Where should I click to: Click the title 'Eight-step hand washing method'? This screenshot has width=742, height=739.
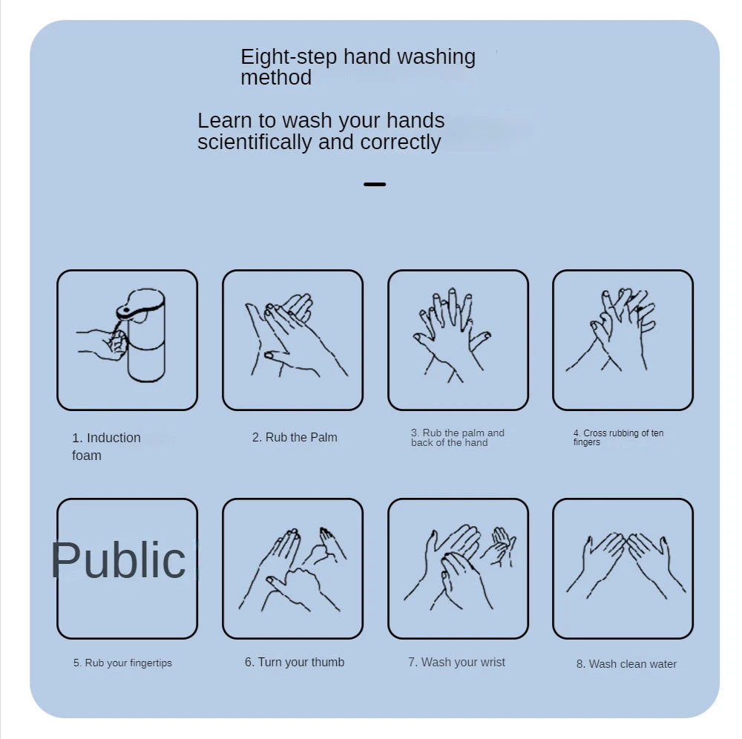358,67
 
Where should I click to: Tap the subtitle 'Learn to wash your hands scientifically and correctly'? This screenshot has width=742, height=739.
321,131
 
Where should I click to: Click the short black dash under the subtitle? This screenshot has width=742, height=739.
375,184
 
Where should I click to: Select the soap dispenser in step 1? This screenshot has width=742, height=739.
142,335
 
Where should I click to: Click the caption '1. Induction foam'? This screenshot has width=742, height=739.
106,446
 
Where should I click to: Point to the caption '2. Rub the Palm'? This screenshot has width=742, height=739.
295,437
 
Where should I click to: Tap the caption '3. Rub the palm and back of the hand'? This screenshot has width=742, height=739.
458,438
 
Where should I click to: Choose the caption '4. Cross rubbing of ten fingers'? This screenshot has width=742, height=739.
618,437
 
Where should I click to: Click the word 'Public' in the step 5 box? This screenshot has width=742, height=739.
118,560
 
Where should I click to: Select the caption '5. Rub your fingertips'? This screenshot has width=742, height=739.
122,663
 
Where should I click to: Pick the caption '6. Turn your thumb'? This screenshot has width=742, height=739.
295,662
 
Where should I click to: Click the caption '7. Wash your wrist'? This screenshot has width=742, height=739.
456,662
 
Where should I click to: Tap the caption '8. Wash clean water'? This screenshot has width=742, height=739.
626,664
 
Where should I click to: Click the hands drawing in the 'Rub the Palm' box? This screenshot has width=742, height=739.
297,335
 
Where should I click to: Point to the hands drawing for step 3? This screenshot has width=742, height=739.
452,335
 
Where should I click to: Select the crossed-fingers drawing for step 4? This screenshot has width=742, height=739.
611,329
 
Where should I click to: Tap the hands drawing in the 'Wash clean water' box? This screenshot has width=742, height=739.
626,566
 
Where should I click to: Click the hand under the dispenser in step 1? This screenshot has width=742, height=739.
102,344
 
